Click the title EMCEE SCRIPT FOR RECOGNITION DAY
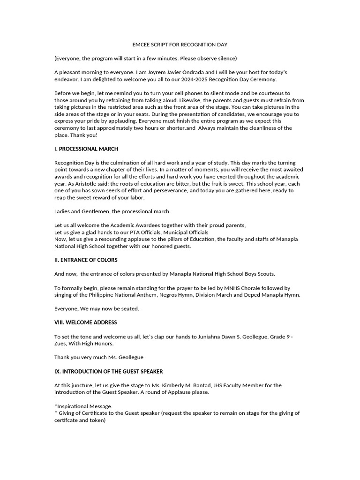tap(180, 45)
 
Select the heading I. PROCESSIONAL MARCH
tap(86, 149)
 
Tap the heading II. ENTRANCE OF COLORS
tap(86, 260)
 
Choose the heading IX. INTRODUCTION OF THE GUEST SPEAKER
tap(108, 371)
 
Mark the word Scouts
tap(265, 274)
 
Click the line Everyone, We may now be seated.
tap(97, 309)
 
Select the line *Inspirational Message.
tap(83, 406)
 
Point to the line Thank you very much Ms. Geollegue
tap(99, 357)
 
